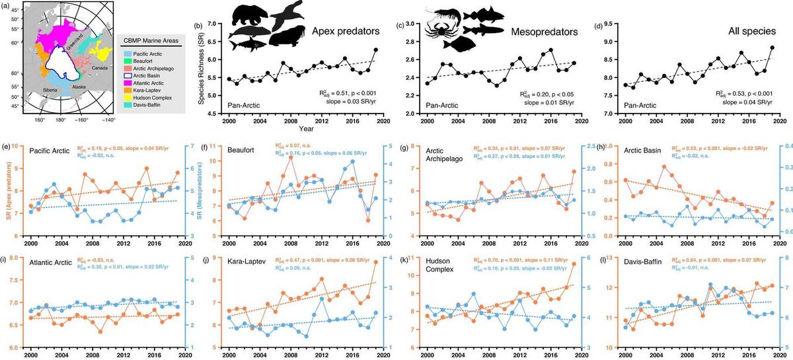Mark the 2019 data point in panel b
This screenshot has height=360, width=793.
(376, 50)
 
